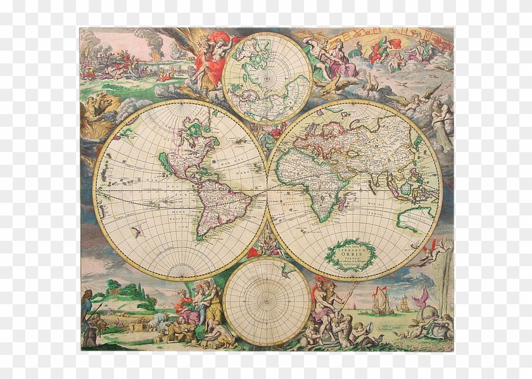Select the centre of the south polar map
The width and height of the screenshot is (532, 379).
(267, 300)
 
